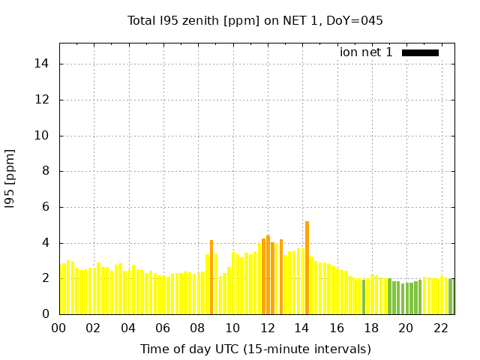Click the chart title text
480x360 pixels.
[x=255, y=20]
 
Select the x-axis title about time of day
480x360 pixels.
[x=255, y=349]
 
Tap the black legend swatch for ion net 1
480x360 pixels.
[x=420, y=52]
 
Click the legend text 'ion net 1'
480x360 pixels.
[x=366, y=52]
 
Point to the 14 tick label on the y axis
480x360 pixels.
[x=43, y=64]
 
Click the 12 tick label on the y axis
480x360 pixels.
[x=43, y=100]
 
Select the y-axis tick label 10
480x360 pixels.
[x=43, y=136]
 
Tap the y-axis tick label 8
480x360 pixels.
[x=46, y=171]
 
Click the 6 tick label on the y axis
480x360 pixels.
[x=46, y=207]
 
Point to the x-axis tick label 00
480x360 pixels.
[x=59, y=328]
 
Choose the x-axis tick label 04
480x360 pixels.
[x=128, y=328]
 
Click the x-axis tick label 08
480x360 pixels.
[x=198, y=328]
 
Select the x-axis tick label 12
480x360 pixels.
[x=268, y=328]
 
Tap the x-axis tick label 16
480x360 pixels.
[x=337, y=328]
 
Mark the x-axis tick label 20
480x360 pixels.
[x=406, y=328]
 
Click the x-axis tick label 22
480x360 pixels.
[x=441, y=328]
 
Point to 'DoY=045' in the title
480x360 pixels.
[x=354, y=20]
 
